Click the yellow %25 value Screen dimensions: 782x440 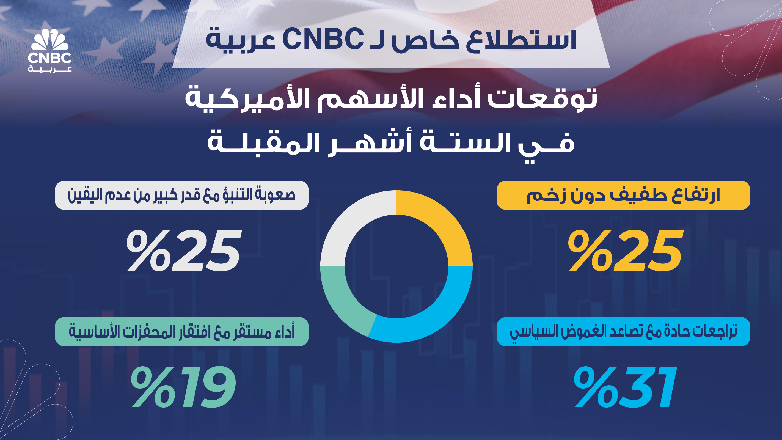pyautogui.click(x=626, y=251)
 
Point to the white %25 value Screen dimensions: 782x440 pyautogui.click(x=184, y=251)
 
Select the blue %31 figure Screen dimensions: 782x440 pyautogui.click(x=625, y=387)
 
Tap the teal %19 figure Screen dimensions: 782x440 pyautogui.click(x=184, y=387)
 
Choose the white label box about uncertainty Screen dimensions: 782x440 pyautogui.click(x=181, y=195)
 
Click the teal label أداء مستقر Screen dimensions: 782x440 pyautogui.click(x=181, y=332)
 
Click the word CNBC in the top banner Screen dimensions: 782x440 pyautogui.click(x=323, y=39)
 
